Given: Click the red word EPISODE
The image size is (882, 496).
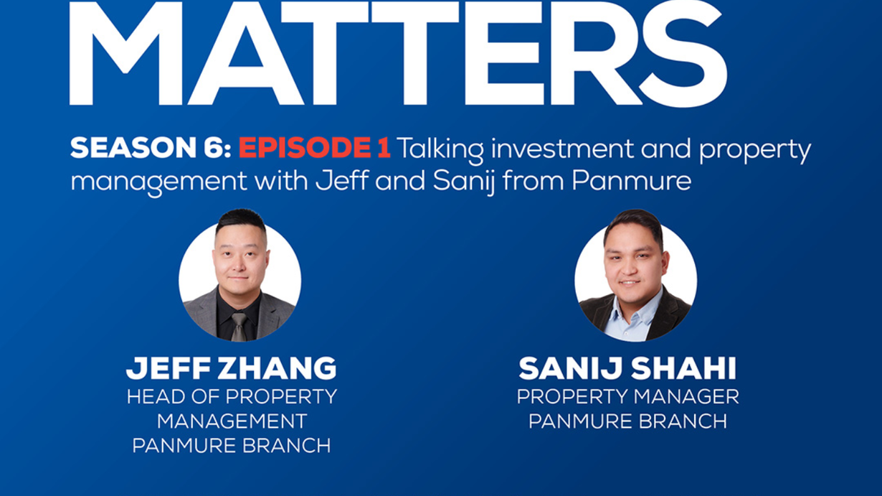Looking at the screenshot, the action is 304,148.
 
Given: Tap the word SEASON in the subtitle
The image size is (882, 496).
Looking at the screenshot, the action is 132,148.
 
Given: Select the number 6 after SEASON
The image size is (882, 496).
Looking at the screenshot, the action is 212,148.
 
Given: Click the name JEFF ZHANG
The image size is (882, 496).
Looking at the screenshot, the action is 232,368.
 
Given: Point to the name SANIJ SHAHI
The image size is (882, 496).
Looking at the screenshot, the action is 627,368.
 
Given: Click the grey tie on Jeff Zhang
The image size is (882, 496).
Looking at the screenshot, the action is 239,327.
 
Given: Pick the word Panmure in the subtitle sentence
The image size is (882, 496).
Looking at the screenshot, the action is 631,181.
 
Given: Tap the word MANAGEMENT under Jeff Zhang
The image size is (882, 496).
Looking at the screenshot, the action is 232,421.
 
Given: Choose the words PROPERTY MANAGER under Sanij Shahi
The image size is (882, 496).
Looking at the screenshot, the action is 627,397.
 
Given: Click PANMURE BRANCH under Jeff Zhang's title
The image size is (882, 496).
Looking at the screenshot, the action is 232,446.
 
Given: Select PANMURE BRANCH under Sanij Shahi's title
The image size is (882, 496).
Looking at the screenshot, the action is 627,421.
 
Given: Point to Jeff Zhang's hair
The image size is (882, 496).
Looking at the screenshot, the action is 241,221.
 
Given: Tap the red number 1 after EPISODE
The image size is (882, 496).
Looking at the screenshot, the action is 384,148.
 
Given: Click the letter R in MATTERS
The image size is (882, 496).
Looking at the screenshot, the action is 591,53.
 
